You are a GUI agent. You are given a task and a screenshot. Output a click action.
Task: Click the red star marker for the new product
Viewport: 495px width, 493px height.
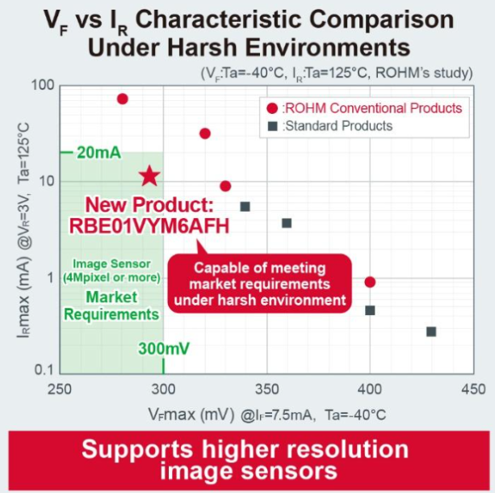[150, 176]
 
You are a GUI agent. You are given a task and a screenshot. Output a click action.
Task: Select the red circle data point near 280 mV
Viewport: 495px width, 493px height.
[123, 99]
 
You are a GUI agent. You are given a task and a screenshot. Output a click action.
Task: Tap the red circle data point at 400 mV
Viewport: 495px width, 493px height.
[370, 282]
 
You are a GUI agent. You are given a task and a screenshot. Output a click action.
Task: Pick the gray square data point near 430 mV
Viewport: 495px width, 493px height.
[431, 331]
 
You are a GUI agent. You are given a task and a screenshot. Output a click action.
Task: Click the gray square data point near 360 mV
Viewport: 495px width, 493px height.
[287, 223]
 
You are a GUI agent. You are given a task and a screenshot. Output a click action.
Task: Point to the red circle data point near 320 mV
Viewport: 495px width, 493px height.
[205, 133]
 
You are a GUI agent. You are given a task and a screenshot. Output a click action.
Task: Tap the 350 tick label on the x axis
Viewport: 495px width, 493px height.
[266, 390]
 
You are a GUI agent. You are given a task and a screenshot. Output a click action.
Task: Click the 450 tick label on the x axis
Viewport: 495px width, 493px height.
[472, 390]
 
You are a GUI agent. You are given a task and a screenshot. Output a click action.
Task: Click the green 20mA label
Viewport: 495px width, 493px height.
[99, 152]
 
